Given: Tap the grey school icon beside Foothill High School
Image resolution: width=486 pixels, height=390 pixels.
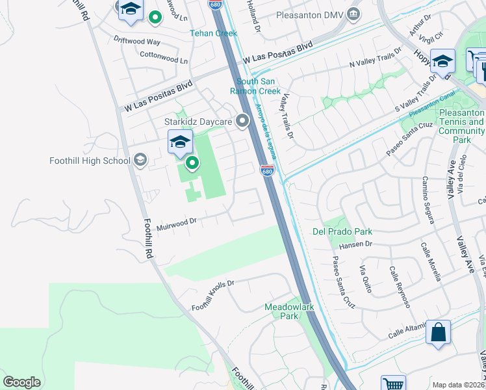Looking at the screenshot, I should click(140, 161).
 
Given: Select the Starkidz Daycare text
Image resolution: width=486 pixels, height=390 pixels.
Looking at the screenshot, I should click(198, 122).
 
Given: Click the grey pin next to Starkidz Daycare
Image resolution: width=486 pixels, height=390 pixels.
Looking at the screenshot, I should click(243, 121).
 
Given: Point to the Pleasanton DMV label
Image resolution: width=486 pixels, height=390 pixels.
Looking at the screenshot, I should click(308, 14).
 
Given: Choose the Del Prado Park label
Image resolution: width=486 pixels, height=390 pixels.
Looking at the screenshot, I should click(342, 231).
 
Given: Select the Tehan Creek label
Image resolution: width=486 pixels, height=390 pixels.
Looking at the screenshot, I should click(214, 33).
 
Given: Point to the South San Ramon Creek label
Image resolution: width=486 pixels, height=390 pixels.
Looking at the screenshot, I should click(259, 86).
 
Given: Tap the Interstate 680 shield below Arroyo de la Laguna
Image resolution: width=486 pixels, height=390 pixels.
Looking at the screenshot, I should click(267, 171).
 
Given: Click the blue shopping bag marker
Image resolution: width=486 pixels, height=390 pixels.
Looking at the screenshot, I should click(439, 332).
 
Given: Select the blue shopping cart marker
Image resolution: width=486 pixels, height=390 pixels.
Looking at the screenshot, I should click(393, 384).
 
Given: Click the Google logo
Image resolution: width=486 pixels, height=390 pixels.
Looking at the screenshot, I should click(21, 382).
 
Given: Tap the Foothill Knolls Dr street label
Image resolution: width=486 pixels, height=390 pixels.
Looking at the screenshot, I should click(212, 294).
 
